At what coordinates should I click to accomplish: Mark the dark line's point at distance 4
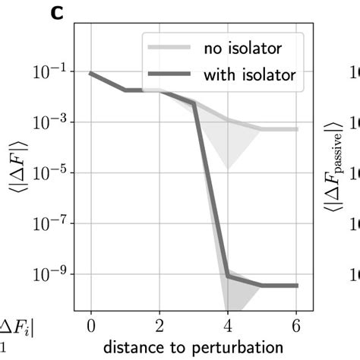tap(228, 275)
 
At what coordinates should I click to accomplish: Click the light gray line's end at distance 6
tap(296, 129)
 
